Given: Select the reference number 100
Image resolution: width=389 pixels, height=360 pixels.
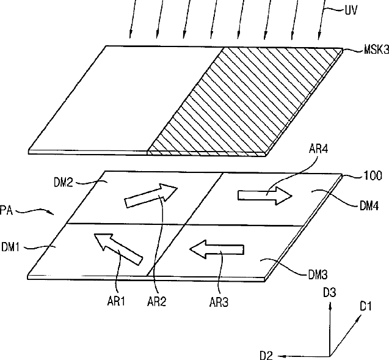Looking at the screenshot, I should (x=374, y=176).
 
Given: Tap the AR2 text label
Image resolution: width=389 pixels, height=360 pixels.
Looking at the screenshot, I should (x=159, y=301).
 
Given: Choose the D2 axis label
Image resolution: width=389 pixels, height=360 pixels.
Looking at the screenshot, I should (x=267, y=355).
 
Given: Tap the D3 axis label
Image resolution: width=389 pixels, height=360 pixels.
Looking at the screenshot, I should (x=330, y=294).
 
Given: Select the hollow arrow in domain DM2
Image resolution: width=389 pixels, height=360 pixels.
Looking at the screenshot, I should (x=149, y=195).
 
